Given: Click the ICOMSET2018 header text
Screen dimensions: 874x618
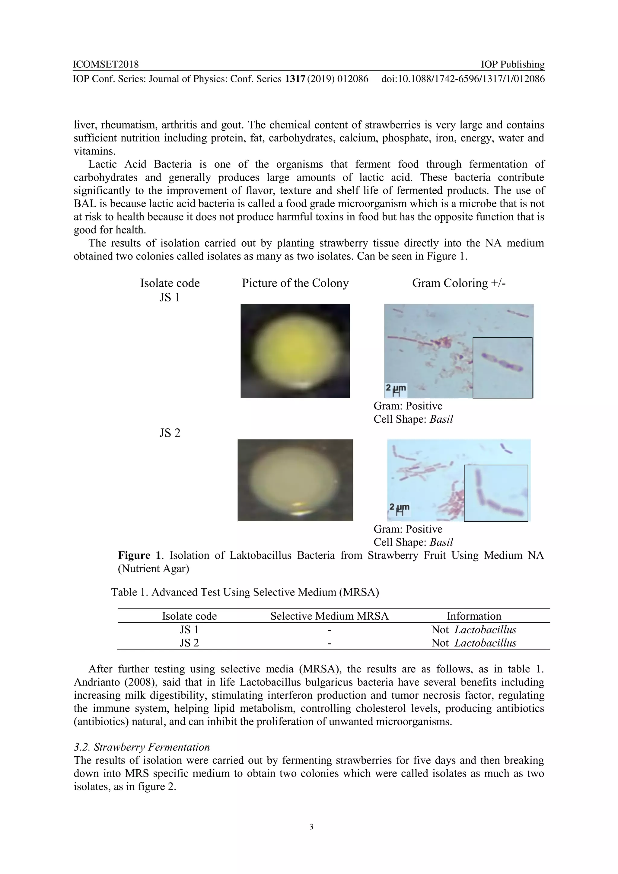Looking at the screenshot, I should [106, 64].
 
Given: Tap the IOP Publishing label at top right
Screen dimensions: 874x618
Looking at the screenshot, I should [512, 64].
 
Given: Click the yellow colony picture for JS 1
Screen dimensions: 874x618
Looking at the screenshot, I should [295, 351].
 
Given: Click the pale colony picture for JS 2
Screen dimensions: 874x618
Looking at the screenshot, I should [295, 480].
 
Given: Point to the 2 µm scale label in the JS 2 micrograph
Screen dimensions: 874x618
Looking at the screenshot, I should [399, 508].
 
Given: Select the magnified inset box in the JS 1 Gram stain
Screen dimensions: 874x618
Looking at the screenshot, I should [502, 368].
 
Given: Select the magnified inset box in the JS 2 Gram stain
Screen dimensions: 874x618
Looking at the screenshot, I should [496, 493].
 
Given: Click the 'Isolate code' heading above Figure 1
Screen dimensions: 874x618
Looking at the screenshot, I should [170, 283].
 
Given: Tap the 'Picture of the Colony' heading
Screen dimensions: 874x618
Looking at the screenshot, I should [295, 283].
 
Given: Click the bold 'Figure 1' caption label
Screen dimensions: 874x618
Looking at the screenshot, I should [139, 555].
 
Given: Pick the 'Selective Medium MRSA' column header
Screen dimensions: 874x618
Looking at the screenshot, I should [330, 616].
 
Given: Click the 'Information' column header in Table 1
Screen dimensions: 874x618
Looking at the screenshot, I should [474, 616].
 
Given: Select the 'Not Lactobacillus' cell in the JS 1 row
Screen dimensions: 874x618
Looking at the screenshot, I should [474, 630].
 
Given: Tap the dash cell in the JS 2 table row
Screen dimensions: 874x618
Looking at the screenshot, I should [330, 643].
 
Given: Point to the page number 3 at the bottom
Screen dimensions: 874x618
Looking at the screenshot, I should [311, 837].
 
